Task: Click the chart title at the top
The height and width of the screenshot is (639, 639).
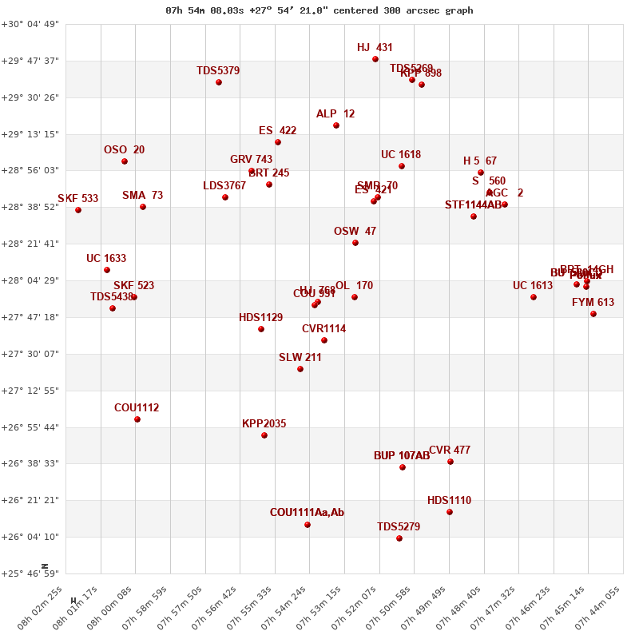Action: pyautogui.click(x=319, y=10)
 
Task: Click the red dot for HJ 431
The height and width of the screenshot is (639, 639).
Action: pyautogui.click(x=375, y=59)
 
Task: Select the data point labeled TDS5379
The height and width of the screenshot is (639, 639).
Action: pyautogui.click(x=219, y=82)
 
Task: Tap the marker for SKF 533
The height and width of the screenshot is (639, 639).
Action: pyautogui.click(x=78, y=210)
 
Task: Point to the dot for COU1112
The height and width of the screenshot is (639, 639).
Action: pyautogui.click(x=137, y=419)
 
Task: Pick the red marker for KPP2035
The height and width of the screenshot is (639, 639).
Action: pyautogui.click(x=264, y=435)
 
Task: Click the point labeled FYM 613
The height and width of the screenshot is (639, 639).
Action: pyautogui.click(x=593, y=314)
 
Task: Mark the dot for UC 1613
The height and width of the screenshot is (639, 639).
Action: pyautogui.click(x=534, y=297)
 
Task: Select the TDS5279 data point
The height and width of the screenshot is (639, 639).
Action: pyautogui.click(x=399, y=538)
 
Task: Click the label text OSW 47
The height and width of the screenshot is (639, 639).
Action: pyautogui.click(x=355, y=232)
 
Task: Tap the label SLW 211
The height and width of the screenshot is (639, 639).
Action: pyautogui.click(x=300, y=358)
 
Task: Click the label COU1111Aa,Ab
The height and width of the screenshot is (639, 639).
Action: pyautogui.click(x=307, y=513)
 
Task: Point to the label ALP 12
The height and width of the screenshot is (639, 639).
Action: pyautogui.click(x=335, y=114)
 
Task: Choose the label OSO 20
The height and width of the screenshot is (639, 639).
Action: pyautogui.click(x=125, y=150)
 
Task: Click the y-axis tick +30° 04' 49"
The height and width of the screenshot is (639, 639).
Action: pyautogui.click(x=30, y=24)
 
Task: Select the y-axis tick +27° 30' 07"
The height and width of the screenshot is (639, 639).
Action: pyautogui.click(x=30, y=354)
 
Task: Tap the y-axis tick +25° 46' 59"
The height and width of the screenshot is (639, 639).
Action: pyautogui.click(x=30, y=574)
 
